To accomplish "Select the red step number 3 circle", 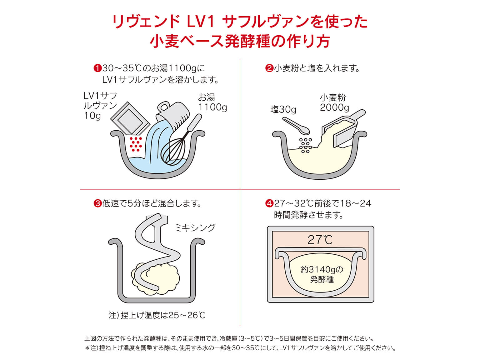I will [x=97, y=204].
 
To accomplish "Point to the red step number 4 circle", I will [x=269, y=204].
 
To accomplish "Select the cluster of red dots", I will [x=136, y=144].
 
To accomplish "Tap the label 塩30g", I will [x=283, y=109].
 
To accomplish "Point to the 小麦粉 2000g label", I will [x=334, y=103].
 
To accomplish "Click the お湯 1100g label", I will [x=212, y=102].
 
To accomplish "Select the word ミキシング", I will [x=195, y=227].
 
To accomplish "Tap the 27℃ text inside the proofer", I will [x=320, y=240].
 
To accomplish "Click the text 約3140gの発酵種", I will [x=322, y=274].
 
